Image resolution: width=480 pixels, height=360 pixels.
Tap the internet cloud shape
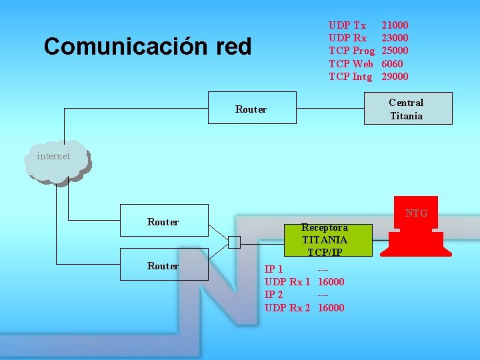57,161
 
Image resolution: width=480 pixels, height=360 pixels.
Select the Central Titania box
407,109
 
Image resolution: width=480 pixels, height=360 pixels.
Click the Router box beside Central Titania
251,109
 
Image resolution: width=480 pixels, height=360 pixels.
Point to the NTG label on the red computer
416,213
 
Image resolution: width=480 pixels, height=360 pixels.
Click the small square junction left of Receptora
234,242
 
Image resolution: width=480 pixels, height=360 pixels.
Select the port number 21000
395,25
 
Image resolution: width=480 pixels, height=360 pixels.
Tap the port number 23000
395,38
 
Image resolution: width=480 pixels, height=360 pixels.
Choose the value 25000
395,51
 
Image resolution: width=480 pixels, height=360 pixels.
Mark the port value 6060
392,64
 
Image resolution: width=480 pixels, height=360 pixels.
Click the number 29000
395,77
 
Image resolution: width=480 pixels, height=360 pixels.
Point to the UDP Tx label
347,25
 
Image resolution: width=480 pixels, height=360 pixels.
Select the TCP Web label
351,64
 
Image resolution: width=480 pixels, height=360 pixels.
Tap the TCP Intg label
350,77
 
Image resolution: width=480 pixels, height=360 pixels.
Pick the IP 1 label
274,269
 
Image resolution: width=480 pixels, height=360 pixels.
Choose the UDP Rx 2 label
287,307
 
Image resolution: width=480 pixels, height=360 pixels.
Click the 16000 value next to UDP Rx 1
331,282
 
